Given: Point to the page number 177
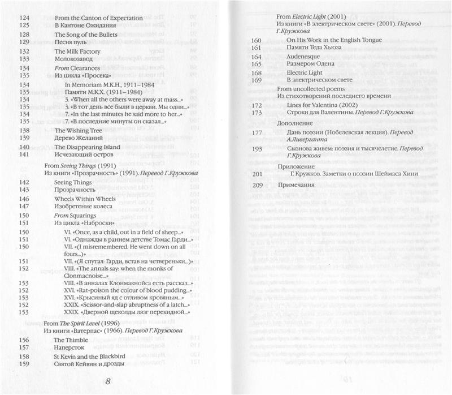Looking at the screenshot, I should (x=255, y=133).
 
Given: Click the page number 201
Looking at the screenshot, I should (x=255, y=173).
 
